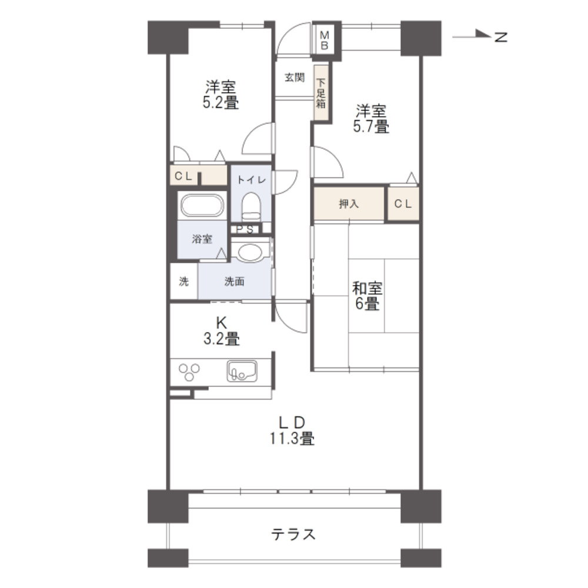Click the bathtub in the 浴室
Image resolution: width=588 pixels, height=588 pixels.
click(x=202, y=205)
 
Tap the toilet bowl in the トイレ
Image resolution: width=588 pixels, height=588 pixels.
click(x=251, y=206)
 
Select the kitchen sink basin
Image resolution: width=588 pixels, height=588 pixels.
click(x=242, y=371)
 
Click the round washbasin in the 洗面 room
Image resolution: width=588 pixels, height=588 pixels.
click(x=250, y=252)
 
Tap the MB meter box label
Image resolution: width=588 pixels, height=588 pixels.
click(x=325, y=41)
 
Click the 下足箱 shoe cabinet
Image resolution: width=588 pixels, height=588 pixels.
click(x=321, y=93)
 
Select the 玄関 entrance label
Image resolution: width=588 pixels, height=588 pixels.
click(x=295, y=78)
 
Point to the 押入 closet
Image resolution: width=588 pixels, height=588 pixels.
click(x=349, y=203)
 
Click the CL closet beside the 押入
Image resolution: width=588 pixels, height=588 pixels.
click(x=403, y=203)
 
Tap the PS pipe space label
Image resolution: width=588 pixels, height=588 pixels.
click(x=245, y=229)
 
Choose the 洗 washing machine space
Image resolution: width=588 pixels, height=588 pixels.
click(x=183, y=281)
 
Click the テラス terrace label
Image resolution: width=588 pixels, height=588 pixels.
click(x=293, y=534)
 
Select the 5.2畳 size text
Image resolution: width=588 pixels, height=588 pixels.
click(x=220, y=102)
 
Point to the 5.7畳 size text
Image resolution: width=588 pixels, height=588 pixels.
click(x=371, y=126)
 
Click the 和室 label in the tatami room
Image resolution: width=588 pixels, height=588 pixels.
click(x=367, y=288)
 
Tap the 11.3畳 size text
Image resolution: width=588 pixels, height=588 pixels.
click(x=292, y=439)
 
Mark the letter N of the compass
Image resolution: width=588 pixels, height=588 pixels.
click(x=501, y=36)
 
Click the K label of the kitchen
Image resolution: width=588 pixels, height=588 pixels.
click(x=221, y=322)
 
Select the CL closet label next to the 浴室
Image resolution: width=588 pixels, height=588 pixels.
click(x=183, y=176)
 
